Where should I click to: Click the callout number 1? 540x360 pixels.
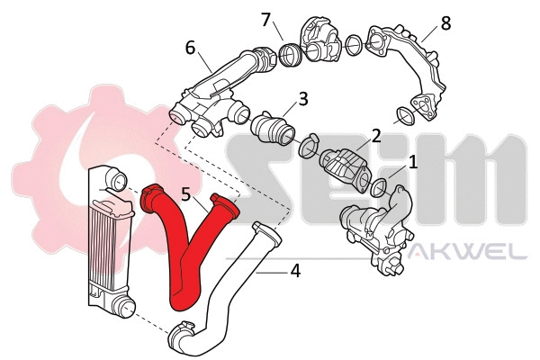[413, 162]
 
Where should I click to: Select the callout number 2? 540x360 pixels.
[375, 136]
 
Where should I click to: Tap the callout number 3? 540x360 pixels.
[303, 97]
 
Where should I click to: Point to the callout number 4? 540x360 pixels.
[294, 268]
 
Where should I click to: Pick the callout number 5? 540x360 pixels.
[185, 193]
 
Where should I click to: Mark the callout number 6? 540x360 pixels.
[191, 47]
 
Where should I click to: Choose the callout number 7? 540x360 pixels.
[265, 18]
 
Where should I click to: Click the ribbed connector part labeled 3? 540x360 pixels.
[272, 127]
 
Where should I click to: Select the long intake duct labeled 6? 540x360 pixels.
[225, 85]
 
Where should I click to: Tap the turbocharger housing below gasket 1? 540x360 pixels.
[378, 229]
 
